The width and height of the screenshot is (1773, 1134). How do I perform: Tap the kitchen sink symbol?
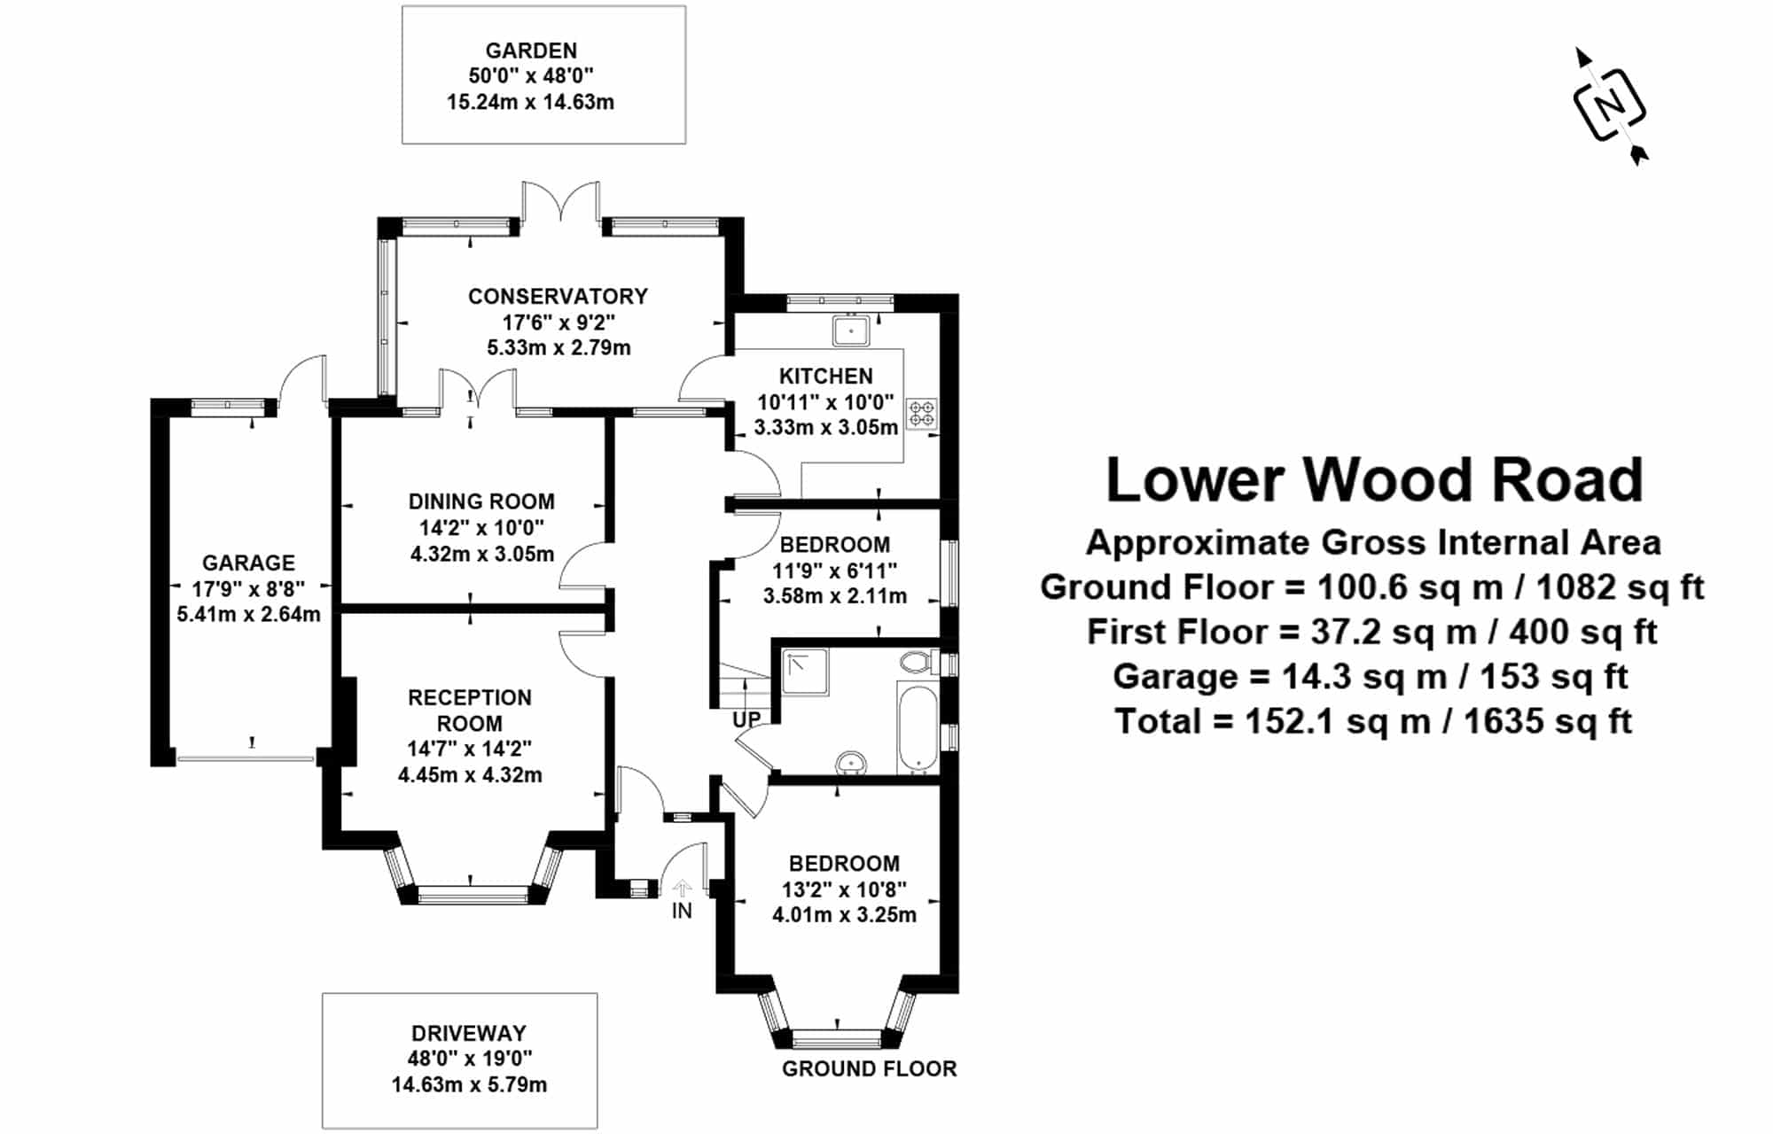click(x=851, y=330)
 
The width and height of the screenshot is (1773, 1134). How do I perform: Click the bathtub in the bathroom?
click(x=917, y=726)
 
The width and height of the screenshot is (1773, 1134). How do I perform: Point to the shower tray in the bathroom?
click(x=805, y=672)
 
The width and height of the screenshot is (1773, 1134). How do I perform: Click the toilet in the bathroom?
click(x=916, y=661)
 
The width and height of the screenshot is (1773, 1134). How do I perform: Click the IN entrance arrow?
click(x=682, y=889)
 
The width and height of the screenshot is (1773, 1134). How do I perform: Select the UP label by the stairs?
click(x=746, y=719)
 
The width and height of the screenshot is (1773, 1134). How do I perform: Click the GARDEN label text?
click(x=531, y=50)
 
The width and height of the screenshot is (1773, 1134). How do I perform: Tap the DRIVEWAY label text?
click(x=469, y=1033)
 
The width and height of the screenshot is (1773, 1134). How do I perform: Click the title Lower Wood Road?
click(x=1374, y=479)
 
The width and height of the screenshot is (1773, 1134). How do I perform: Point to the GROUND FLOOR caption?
click(x=869, y=1068)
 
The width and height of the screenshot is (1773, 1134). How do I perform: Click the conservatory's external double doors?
click(x=560, y=202)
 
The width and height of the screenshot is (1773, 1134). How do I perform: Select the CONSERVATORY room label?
click(x=558, y=296)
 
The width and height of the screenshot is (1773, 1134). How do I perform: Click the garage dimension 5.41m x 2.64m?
click(x=248, y=614)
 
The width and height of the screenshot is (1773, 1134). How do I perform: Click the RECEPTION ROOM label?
click(x=469, y=710)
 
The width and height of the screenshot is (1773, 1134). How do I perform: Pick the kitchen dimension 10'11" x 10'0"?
click(x=825, y=402)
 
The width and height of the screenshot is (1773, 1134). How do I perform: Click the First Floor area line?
click(x=1372, y=632)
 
